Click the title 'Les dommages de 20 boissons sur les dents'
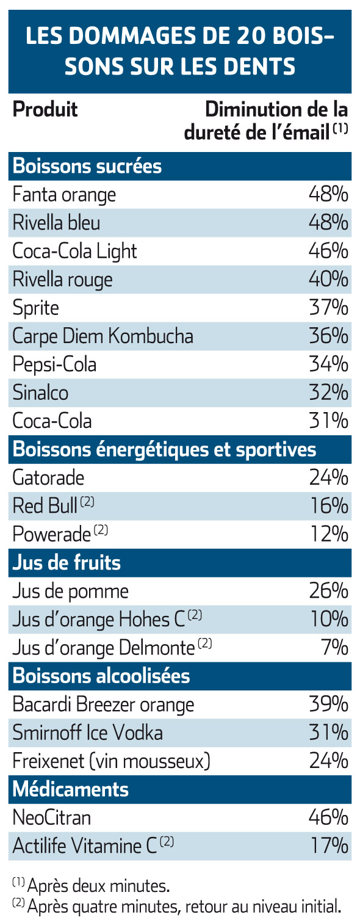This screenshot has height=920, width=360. point(180,51)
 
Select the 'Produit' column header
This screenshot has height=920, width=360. point(45,109)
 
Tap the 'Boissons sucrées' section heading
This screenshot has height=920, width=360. point(87,166)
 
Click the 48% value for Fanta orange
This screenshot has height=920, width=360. point(328,194)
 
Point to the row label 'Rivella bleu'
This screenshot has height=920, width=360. point(56,223)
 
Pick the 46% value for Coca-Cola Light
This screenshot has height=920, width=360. point(328,251)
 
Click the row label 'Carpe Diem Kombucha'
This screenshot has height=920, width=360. point(103,336)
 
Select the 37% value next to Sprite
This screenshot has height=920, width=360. point(328,308)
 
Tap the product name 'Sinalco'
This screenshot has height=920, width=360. point(40,393)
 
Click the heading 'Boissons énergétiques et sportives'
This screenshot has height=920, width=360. point(164,449)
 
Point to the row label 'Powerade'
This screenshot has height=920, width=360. point(52,534)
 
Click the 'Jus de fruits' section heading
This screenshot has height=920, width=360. point(67,563)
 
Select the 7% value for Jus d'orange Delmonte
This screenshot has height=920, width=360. point(334,648)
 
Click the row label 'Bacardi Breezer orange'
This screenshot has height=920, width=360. point(104,705)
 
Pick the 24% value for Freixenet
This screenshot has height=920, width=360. point(328,761)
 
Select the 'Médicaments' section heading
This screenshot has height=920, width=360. point(71,789)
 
